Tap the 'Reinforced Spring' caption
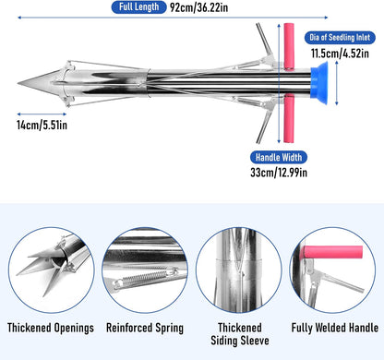click(x=144, y=328)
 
